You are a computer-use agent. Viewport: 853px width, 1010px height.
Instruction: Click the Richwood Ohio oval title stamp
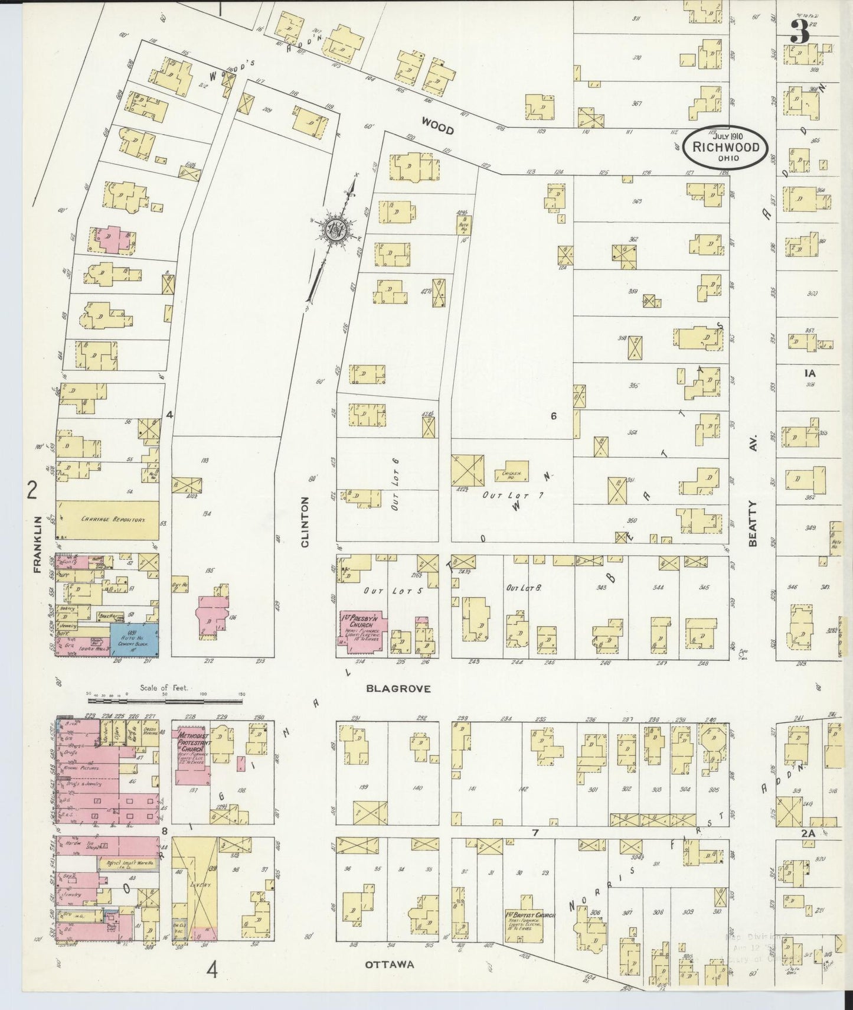725,146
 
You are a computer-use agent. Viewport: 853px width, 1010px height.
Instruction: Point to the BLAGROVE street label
398,688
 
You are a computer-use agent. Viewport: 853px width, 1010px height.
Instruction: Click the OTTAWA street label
389,965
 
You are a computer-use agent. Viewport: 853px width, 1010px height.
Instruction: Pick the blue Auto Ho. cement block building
134,638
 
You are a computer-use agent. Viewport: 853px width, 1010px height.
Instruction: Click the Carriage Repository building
107,520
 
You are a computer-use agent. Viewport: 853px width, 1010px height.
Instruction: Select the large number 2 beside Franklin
32,490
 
